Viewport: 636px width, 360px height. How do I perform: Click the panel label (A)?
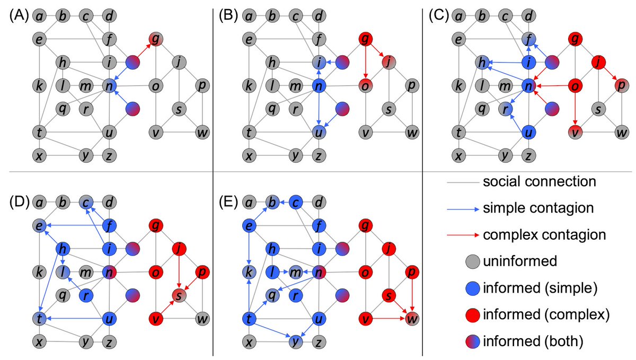tap(18, 16)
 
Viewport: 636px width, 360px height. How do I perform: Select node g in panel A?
tap(155, 39)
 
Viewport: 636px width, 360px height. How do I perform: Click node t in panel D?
tap(39, 319)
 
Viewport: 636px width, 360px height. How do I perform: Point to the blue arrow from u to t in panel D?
tap(74, 319)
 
